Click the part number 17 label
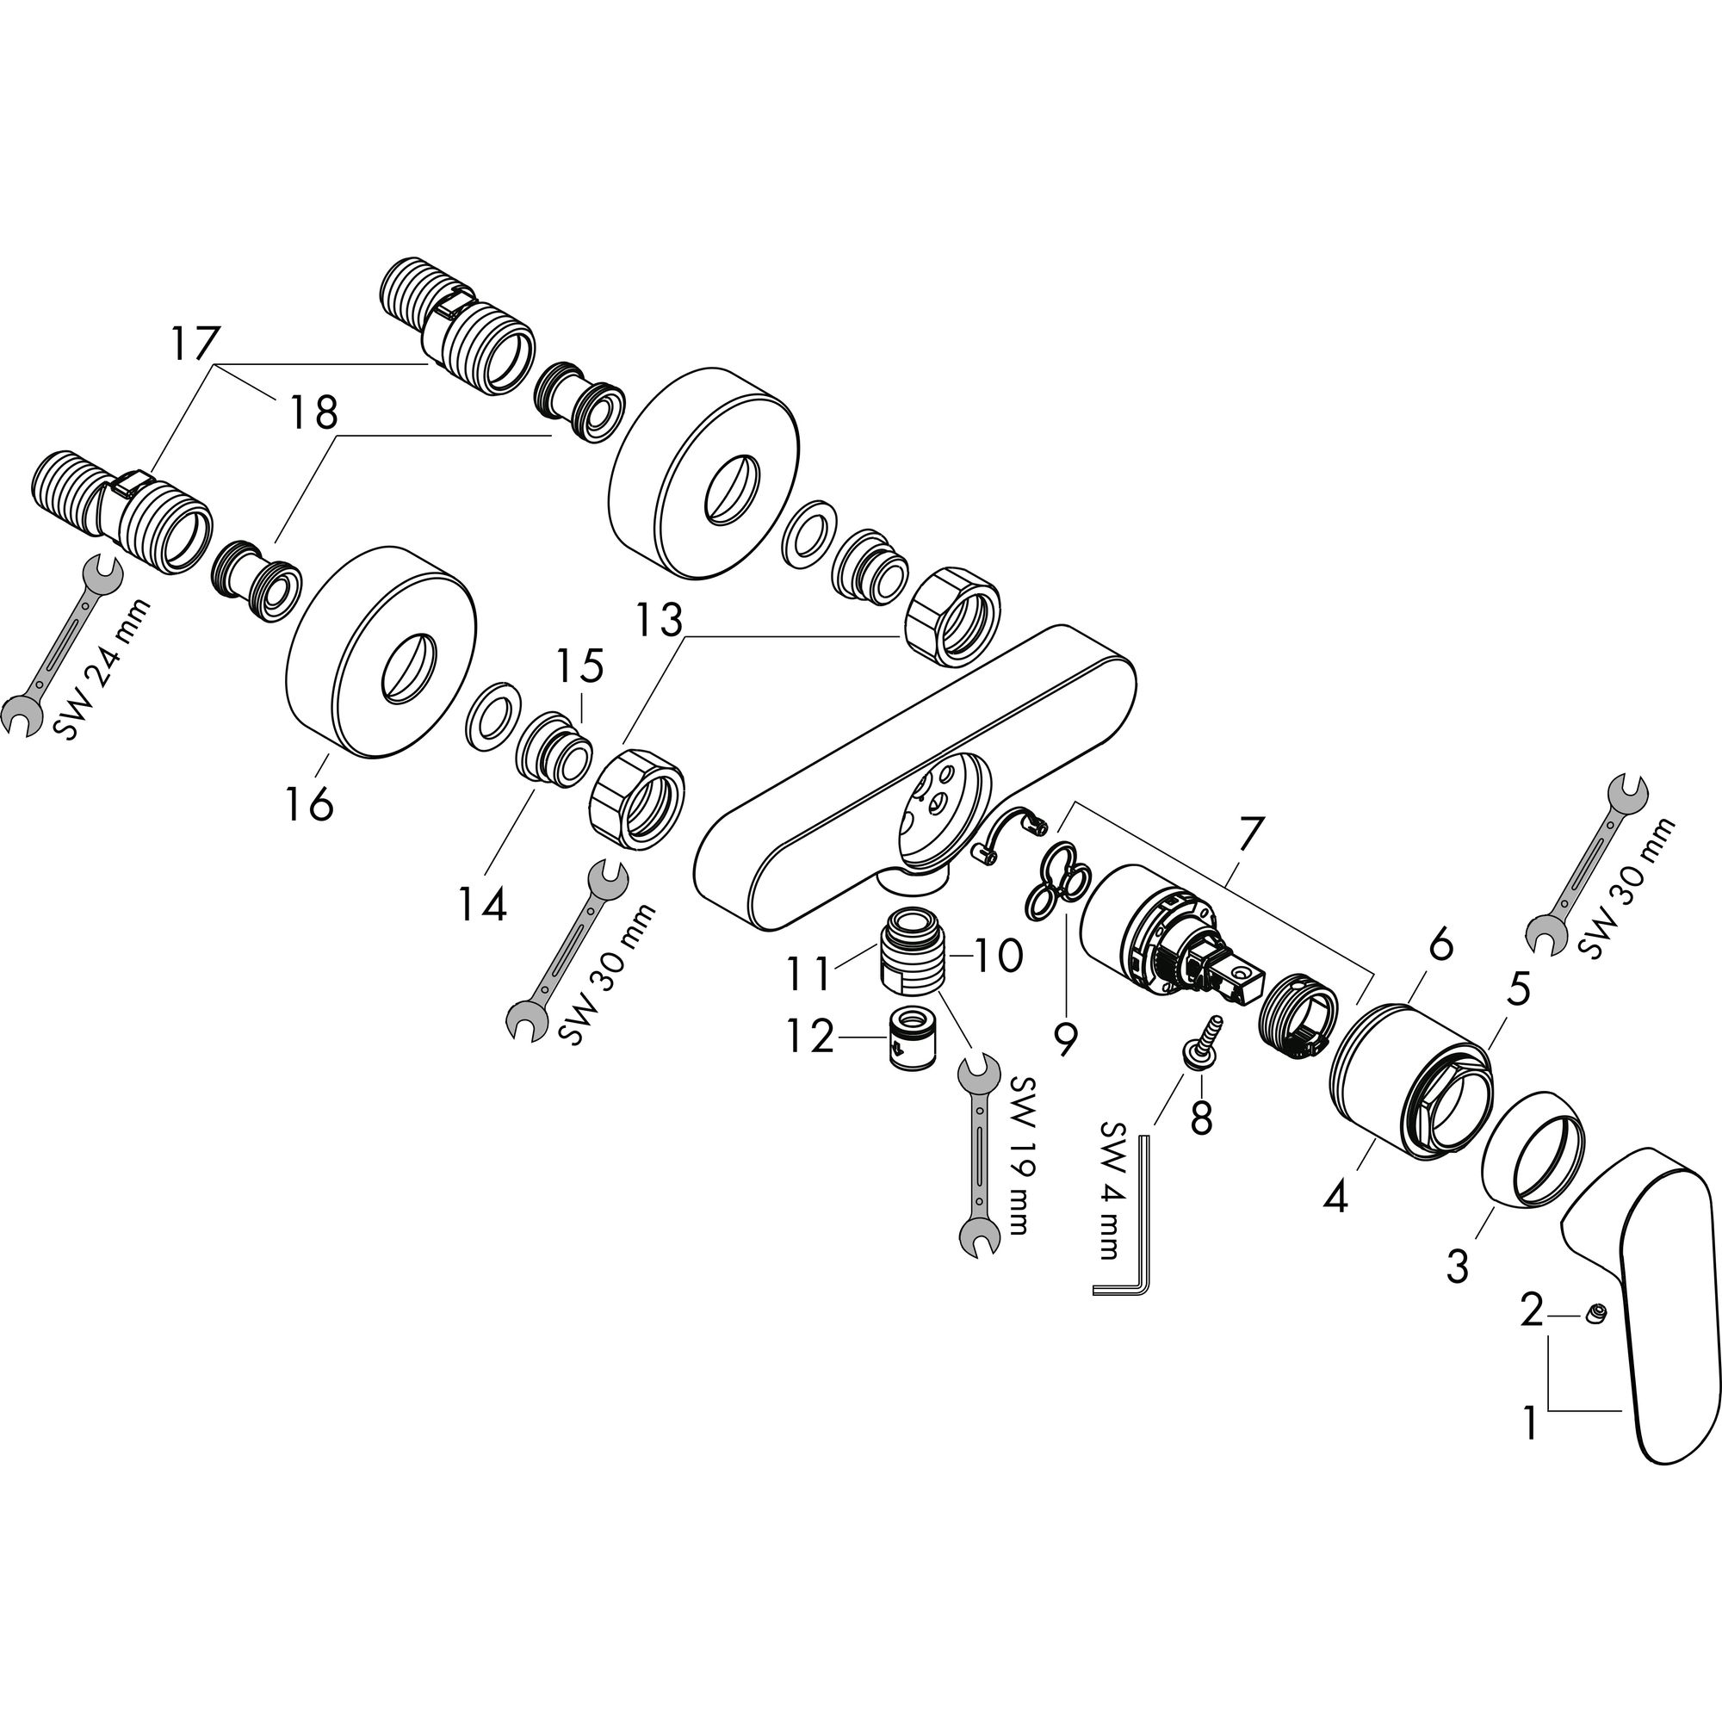tap(195, 344)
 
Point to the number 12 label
tap(808, 1038)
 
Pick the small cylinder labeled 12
tap(913, 1038)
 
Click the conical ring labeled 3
tap(1533, 1150)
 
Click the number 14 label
tap(483, 904)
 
